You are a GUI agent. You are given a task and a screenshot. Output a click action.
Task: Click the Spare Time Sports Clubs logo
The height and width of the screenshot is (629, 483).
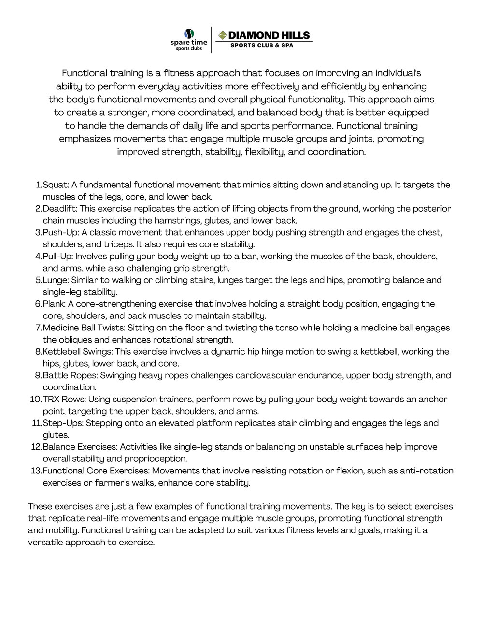tap(189, 40)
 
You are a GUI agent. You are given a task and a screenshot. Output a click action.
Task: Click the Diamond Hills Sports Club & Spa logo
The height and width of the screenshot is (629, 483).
tap(263, 39)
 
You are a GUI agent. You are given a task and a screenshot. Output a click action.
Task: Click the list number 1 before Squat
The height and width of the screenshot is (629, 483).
tap(39, 185)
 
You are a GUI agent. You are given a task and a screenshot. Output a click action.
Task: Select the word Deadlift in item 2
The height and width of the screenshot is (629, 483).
tap(59, 209)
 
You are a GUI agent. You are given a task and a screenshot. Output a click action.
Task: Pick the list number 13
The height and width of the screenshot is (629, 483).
tap(36, 471)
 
